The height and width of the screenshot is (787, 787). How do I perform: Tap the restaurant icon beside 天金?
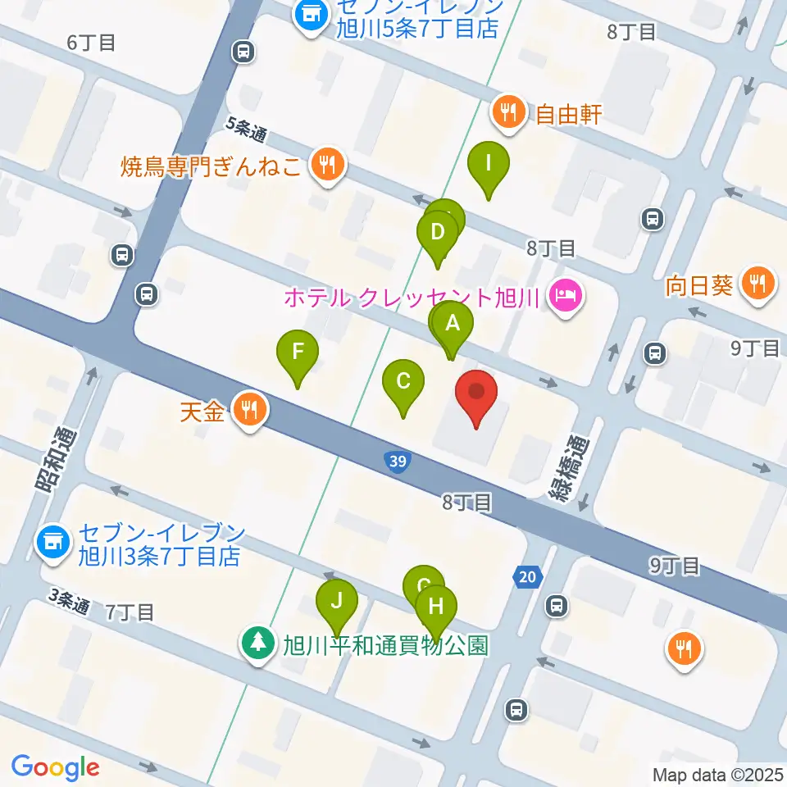coord(249,409)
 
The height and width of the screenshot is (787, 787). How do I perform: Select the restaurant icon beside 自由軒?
coord(509,113)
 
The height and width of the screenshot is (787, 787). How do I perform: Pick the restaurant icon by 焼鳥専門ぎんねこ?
coord(328,165)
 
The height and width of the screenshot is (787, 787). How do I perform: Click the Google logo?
coord(55,767)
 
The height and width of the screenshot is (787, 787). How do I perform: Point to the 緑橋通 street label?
coord(562,467)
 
